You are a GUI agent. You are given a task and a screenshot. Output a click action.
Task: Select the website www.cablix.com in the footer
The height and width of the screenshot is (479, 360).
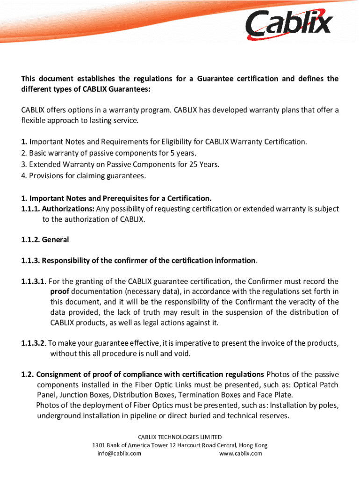240,453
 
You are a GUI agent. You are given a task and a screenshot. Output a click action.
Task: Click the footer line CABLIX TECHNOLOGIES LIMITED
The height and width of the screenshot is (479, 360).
180,437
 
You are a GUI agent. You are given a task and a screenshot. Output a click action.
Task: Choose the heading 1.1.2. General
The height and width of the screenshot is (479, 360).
45,239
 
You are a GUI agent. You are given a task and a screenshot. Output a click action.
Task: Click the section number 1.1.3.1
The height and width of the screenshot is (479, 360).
33,282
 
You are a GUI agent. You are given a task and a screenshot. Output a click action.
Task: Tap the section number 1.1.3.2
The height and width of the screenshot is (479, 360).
33,343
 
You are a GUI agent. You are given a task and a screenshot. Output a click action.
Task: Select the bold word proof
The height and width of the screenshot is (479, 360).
60,292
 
